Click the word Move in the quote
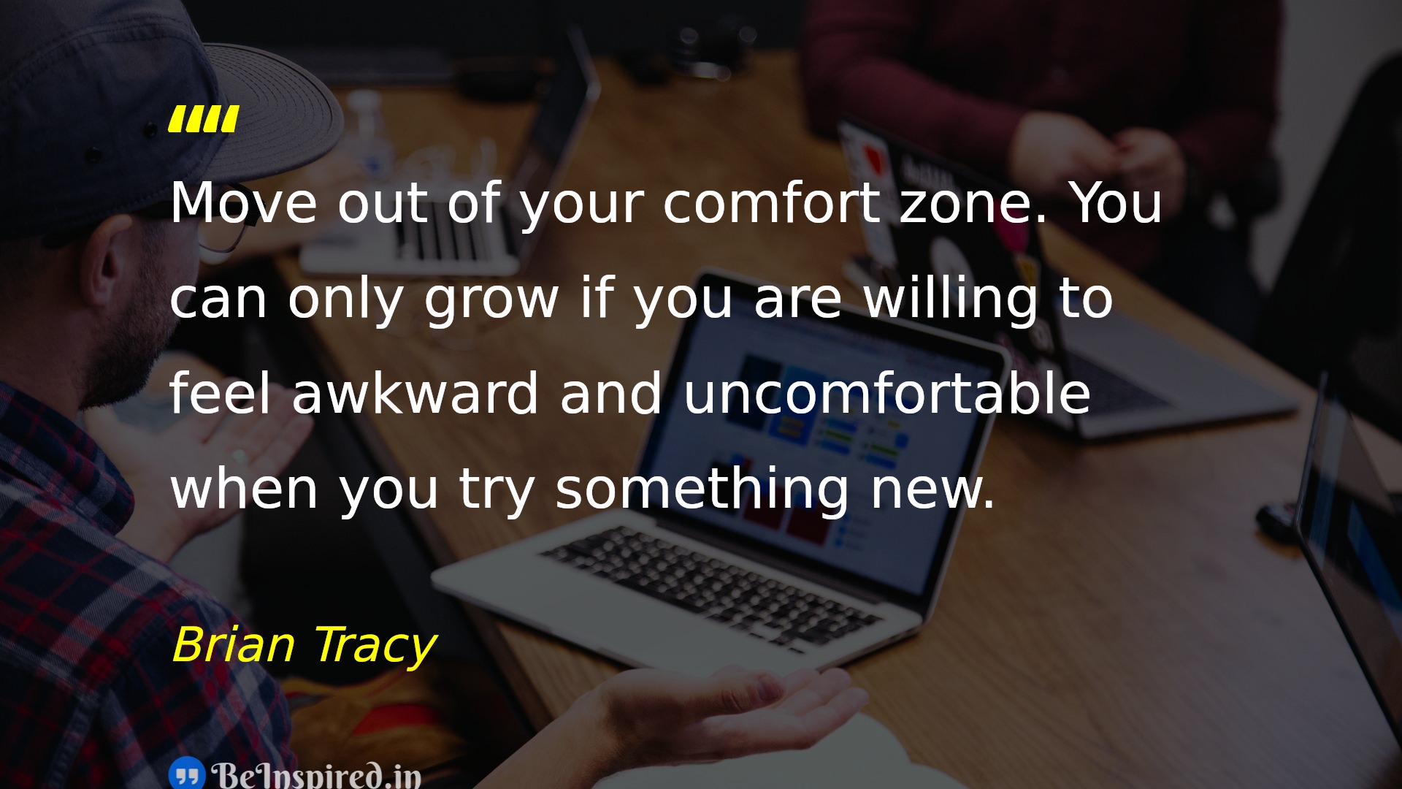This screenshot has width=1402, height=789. point(244,202)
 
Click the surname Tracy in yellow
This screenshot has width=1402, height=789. point(375,647)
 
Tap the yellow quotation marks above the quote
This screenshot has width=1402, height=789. point(204,119)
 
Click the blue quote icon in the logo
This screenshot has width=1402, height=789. point(187,774)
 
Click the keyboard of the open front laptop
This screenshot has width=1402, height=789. point(712,585)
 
